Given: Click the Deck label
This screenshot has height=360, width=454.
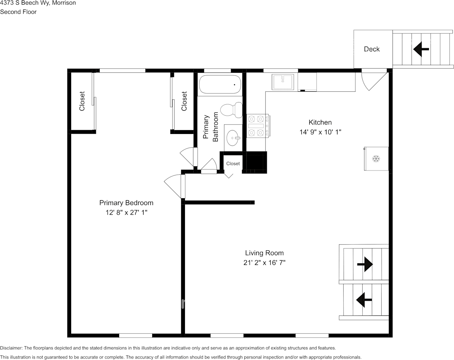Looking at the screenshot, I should pos(371,49).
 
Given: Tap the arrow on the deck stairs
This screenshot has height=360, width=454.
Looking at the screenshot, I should pos(421,49).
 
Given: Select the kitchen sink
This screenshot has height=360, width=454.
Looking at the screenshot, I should pos(283,82).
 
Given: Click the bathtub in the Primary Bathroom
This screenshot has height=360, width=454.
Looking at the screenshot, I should pos(220,84).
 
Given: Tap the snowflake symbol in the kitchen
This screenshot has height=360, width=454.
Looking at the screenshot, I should pos(376,159).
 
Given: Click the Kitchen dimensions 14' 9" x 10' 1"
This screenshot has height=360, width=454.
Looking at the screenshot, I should pos(320,132).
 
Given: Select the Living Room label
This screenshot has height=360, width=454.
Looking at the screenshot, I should pos(264,253).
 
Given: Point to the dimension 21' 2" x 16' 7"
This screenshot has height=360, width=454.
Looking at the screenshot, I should pos(264,263).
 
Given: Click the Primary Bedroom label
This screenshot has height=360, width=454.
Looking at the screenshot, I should pos(126,203).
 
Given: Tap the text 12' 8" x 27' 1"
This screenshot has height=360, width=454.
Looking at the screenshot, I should pos(126,213).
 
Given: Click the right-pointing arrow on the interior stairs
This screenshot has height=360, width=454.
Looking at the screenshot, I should pos(365,264).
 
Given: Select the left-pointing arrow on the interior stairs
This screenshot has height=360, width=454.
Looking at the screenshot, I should pos(364,300).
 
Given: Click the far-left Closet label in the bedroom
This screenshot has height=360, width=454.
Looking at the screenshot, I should pos(82,101).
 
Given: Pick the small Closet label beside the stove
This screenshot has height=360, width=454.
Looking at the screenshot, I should pos(233,164).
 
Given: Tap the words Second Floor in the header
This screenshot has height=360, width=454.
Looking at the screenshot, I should pos(18,12).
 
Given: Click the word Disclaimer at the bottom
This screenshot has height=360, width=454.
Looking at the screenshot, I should pos(11,348).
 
